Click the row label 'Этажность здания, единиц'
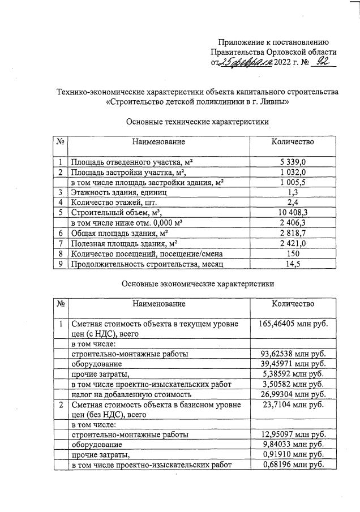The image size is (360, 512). point(119,192)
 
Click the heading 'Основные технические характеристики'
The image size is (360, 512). point(197,122)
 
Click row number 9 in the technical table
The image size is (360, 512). point(60,264)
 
